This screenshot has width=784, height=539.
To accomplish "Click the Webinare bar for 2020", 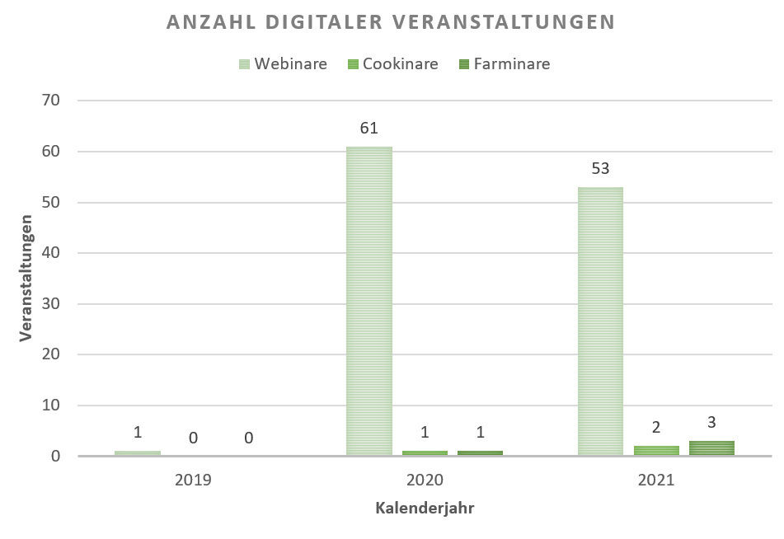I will pyautogui.click(x=369, y=301).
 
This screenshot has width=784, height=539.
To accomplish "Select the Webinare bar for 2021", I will pyautogui.click(x=600, y=321).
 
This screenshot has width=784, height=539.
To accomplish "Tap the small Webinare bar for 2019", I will pyautogui.click(x=138, y=453).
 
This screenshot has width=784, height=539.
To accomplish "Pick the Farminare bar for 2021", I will pyautogui.click(x=711, y=448).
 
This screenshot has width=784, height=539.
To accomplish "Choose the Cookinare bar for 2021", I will pyautogui.click(x=655, y=451).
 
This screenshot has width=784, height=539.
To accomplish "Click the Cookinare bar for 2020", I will pyautogui.click(x=425, y=453).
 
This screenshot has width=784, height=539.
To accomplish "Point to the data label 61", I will pyautogui.click(x=369, y=129).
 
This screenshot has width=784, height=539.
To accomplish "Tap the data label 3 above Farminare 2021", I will pyautogui.click(x=711, y=422).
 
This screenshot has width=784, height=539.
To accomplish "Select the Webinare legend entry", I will pyautogui.click(x=282, y=63).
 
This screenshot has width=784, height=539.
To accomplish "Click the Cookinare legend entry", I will pyautogui.click(x=393, y=63).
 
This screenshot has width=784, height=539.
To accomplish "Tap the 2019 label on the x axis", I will pyautogui.click(x=193, y=480).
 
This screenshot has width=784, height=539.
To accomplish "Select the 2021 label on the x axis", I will pyautogui.click(x=655, y=480).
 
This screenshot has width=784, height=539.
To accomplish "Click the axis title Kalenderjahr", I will pyautogui.click(x=425, y=508).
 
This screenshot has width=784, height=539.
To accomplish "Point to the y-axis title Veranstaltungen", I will pyautogui.click(x=26, y=278).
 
